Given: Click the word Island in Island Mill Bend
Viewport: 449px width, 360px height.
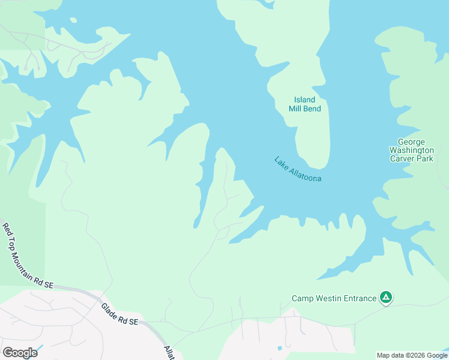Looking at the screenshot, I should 304,100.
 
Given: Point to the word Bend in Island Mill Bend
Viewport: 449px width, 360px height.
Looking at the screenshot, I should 312,109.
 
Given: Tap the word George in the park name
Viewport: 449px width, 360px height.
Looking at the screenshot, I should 411,142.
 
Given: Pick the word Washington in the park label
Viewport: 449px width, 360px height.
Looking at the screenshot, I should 411,150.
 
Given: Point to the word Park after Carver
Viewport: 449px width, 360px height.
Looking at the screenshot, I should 424,158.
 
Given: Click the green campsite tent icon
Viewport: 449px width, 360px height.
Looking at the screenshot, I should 386,297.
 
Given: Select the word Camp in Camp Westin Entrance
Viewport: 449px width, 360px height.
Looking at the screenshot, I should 303,298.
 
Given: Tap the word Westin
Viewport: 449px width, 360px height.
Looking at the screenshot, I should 328,298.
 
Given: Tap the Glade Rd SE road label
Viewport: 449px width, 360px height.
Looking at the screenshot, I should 119,314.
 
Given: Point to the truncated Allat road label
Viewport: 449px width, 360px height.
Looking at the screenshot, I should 169,352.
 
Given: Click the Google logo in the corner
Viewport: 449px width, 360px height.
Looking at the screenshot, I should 20,353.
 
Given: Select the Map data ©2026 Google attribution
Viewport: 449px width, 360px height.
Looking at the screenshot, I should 412,355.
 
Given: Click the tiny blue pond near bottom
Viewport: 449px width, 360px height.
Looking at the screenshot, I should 279,348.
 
